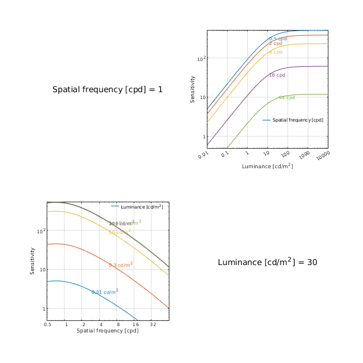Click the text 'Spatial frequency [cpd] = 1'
107,90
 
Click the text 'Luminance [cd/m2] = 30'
267,262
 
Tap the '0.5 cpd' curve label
278,39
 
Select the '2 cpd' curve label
275,44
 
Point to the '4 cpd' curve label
275,52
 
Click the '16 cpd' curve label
277,75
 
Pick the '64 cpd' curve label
287,98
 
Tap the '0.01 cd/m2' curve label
105,292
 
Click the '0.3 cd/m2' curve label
121,265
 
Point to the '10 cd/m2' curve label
120,232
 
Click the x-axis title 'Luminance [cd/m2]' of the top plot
267,167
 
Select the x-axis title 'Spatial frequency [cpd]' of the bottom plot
108,331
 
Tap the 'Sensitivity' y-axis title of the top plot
193,89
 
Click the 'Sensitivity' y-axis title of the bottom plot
33,261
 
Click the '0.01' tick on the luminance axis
203,155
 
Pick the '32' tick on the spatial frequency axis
153,325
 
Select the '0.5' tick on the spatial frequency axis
47,325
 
